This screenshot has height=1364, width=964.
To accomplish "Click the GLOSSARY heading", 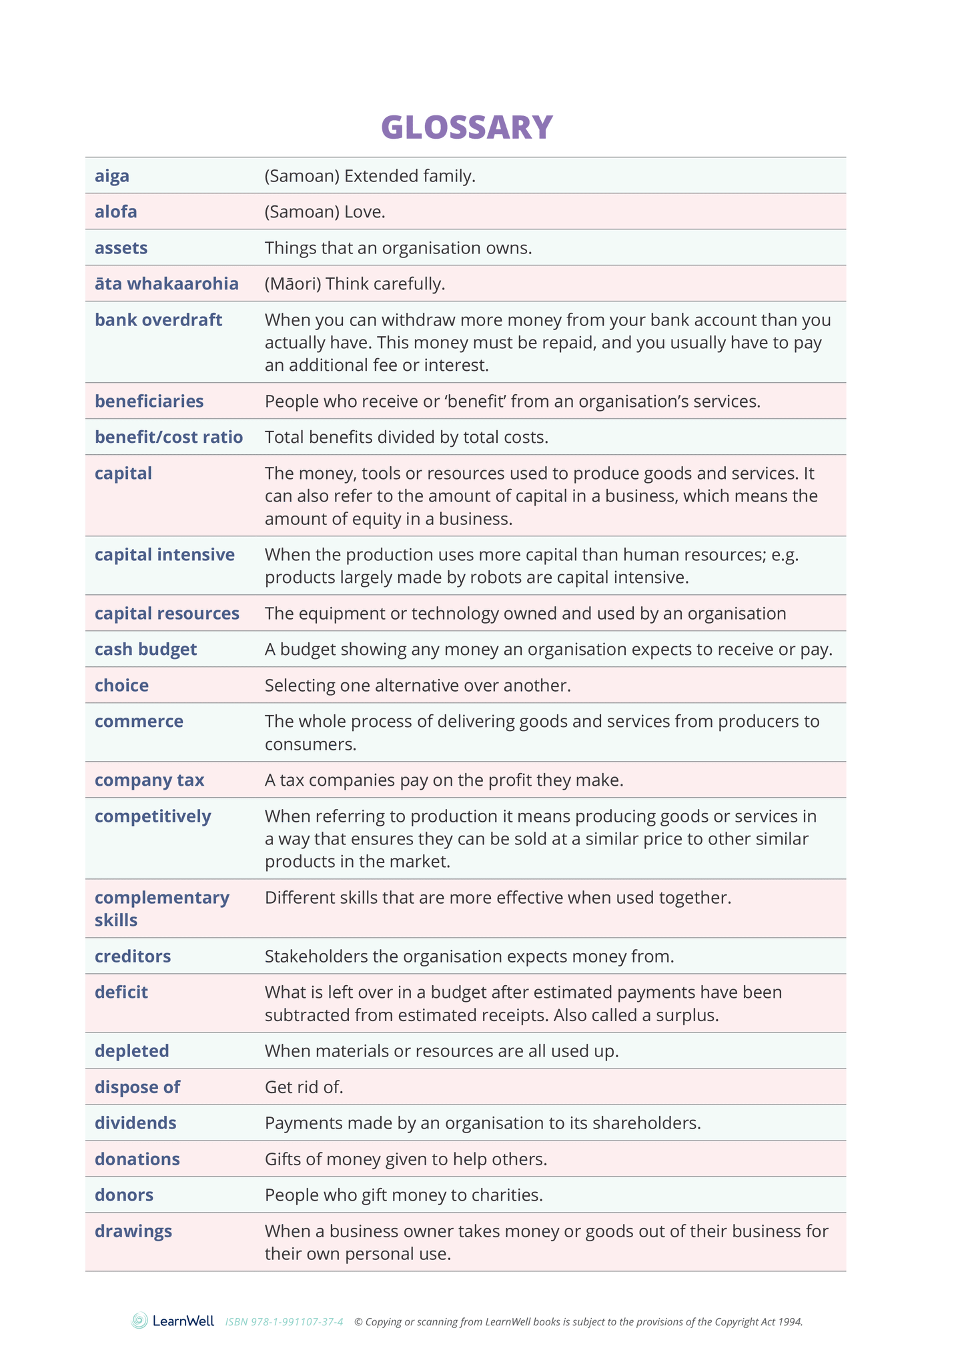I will pos(467,127).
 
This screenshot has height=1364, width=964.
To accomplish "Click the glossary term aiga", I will pos(112,176).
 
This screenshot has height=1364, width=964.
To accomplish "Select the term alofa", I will pos(116,212).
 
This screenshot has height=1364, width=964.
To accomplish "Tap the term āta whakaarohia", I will pos(166,284).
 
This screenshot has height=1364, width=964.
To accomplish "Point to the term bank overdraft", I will pos(158,320).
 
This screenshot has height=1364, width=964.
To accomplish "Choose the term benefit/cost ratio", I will pos(169,438).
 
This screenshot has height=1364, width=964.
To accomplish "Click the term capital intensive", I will pos(165,555).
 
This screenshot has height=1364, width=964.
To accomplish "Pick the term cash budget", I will pos(145,650).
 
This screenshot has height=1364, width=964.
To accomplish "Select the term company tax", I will pos(149,780).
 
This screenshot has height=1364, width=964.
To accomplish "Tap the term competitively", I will pos(153,816).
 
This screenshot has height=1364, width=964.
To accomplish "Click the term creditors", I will pos(133,956).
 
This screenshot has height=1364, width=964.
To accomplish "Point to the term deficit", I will pos(121,992).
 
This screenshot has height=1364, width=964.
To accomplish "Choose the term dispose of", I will pos(137,1087).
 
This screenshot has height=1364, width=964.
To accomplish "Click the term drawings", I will pos(133,1231).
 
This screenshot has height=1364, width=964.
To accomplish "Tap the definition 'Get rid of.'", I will pos(304,1087).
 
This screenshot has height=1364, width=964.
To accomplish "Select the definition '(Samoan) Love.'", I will pos(325,212).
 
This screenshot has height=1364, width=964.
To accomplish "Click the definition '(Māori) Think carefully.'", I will pos(355,284).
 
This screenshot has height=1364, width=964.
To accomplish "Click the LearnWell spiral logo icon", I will pos(139,1321).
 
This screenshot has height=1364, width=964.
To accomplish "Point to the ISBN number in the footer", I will pos(284,1321).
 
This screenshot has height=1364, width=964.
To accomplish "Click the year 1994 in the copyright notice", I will pos(790,1321).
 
